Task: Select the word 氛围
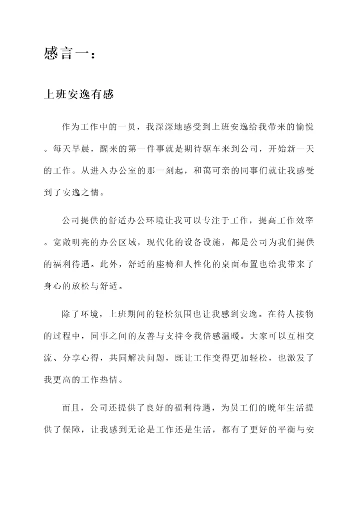171,314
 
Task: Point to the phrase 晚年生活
277,408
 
